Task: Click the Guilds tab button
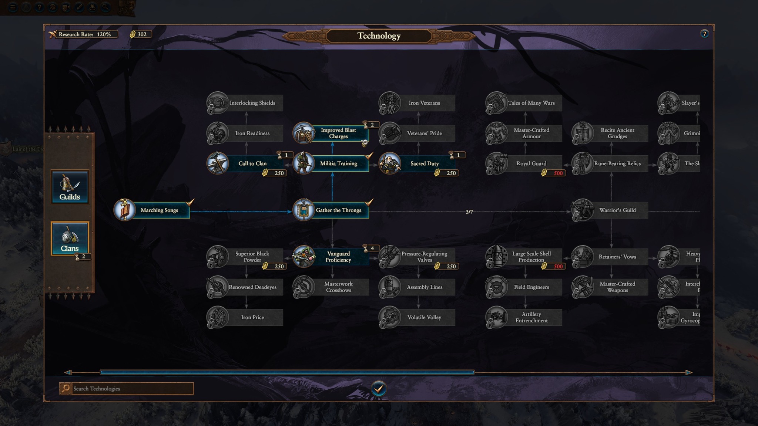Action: [x=70, y=187]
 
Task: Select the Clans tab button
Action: [x=70, y=239]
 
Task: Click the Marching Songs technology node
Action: [x=152, y=210]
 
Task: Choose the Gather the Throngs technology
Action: [x=332, y=210]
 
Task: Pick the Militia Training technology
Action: [x=332, y=163]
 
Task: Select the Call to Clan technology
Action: [x=245, y=163]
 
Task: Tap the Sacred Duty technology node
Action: [x=417, y=163]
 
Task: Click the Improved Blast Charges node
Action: [x=332, y=133]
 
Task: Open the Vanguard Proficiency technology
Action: [x=332, y=257]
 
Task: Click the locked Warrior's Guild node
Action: [x=610, y=210]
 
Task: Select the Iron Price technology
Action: [x=245, y=317]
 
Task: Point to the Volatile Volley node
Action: [x=417, y=317]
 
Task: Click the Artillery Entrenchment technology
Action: [x=524, y=317]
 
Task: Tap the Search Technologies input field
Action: [x=132, y=388]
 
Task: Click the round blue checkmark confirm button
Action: [x=379, y=389]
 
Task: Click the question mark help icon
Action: [x=704, y=34]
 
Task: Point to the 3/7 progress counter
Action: [x=469, y=212]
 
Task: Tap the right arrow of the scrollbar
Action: [x=689, y=372]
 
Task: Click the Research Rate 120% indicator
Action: [x=84, y=34]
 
